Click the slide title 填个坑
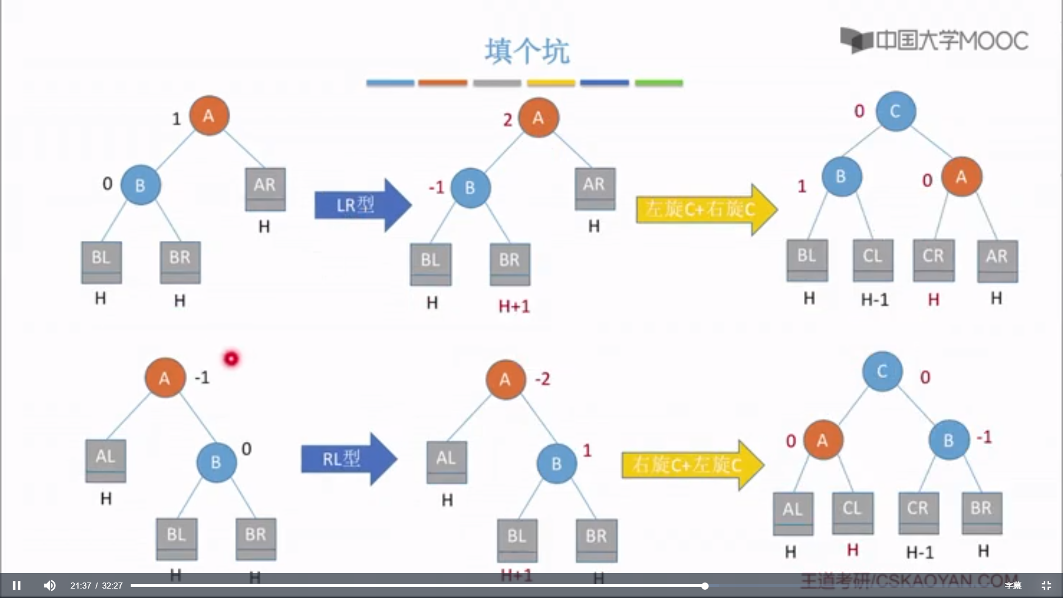527,51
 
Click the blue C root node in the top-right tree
895,111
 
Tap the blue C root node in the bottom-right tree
882,371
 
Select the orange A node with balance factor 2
538,118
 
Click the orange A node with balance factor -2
505,380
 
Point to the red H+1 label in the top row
514,306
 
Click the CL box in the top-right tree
873,259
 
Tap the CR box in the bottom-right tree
918,512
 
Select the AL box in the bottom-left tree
106,460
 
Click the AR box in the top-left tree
265,189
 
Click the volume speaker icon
50,585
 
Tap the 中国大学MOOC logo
934,40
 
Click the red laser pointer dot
231,359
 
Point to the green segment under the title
658,83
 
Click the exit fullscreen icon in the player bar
1046,585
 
